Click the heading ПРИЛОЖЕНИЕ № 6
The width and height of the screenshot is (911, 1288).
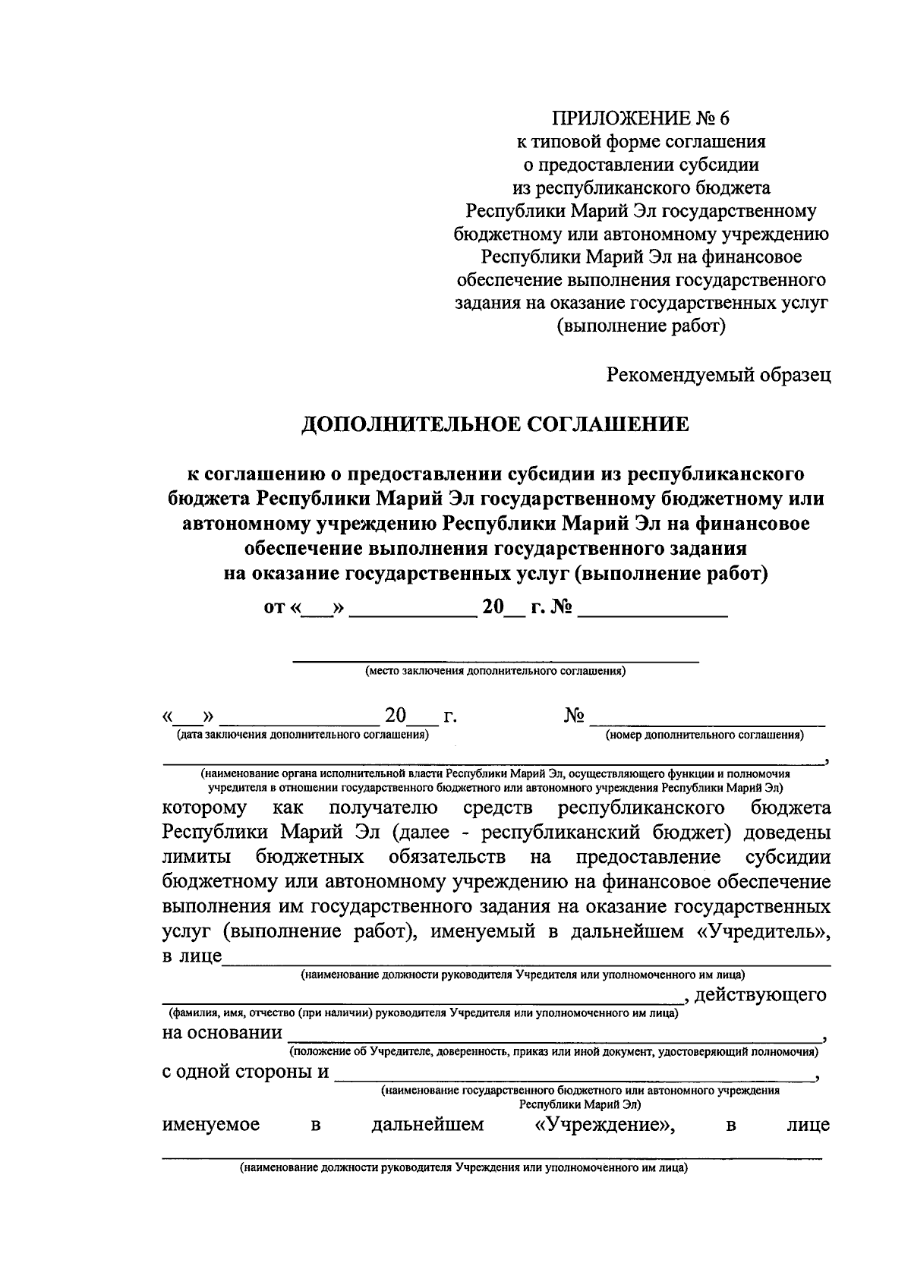[640, 118]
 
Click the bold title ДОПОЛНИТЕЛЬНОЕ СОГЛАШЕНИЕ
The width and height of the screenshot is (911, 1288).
[495, 424]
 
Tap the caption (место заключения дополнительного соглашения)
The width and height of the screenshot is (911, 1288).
[495, 672]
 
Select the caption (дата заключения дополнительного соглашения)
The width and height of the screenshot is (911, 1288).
[302, 735]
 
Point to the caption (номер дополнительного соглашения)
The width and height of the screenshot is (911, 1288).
[705, 735]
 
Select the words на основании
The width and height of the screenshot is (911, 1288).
[222, 1033]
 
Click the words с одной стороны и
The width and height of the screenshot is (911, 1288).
[246, 1072]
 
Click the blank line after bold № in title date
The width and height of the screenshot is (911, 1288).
[653, 611]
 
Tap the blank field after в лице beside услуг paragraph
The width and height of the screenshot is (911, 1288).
[524, 958]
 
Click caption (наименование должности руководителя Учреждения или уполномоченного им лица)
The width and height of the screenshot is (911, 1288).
[463, 1169]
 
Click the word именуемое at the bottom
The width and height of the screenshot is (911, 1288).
[211, 1125]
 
